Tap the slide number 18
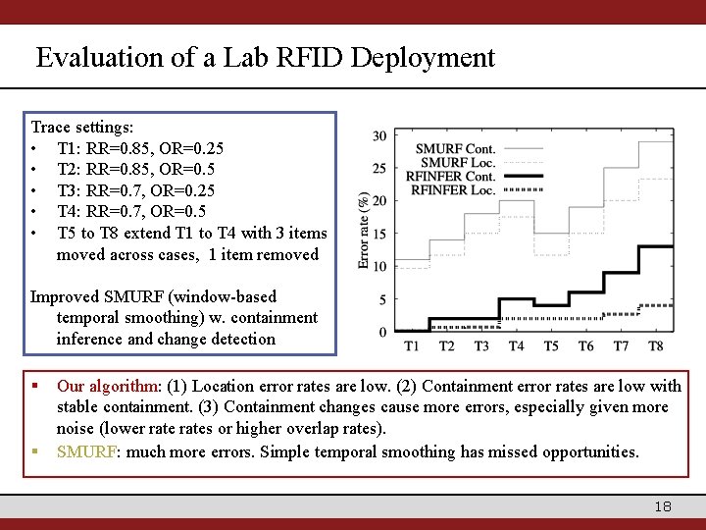[x=663, y=506]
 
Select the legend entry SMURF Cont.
[x=456, y=149]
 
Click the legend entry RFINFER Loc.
[x=453, y=189]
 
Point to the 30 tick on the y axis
[x=378, y=135]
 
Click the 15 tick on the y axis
[x=378, y=234]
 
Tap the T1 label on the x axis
[x=412, y=346]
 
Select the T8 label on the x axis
[x=656, y=346]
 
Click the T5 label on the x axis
[x=551, y=346]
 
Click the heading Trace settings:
[x=82, y=128]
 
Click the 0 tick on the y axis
[x=382, y=332]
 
